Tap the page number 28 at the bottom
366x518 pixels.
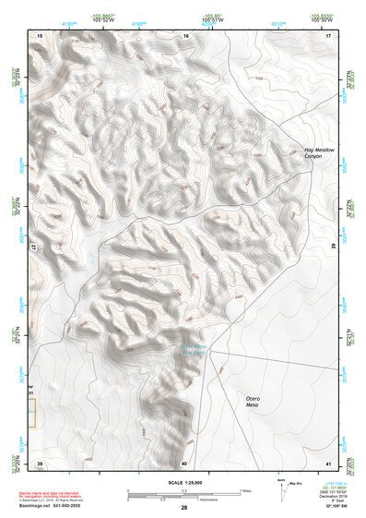point(183,509)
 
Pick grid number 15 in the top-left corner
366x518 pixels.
point(39,34)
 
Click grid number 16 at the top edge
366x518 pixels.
point(185,34)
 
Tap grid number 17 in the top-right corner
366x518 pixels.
point(329,34)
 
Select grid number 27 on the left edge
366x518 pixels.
point(33,247)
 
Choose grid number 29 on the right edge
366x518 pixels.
point(333,247)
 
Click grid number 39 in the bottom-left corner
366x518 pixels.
point(39,463)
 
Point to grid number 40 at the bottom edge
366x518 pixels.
point(184,463)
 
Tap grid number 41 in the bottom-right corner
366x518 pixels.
point(329,463)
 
